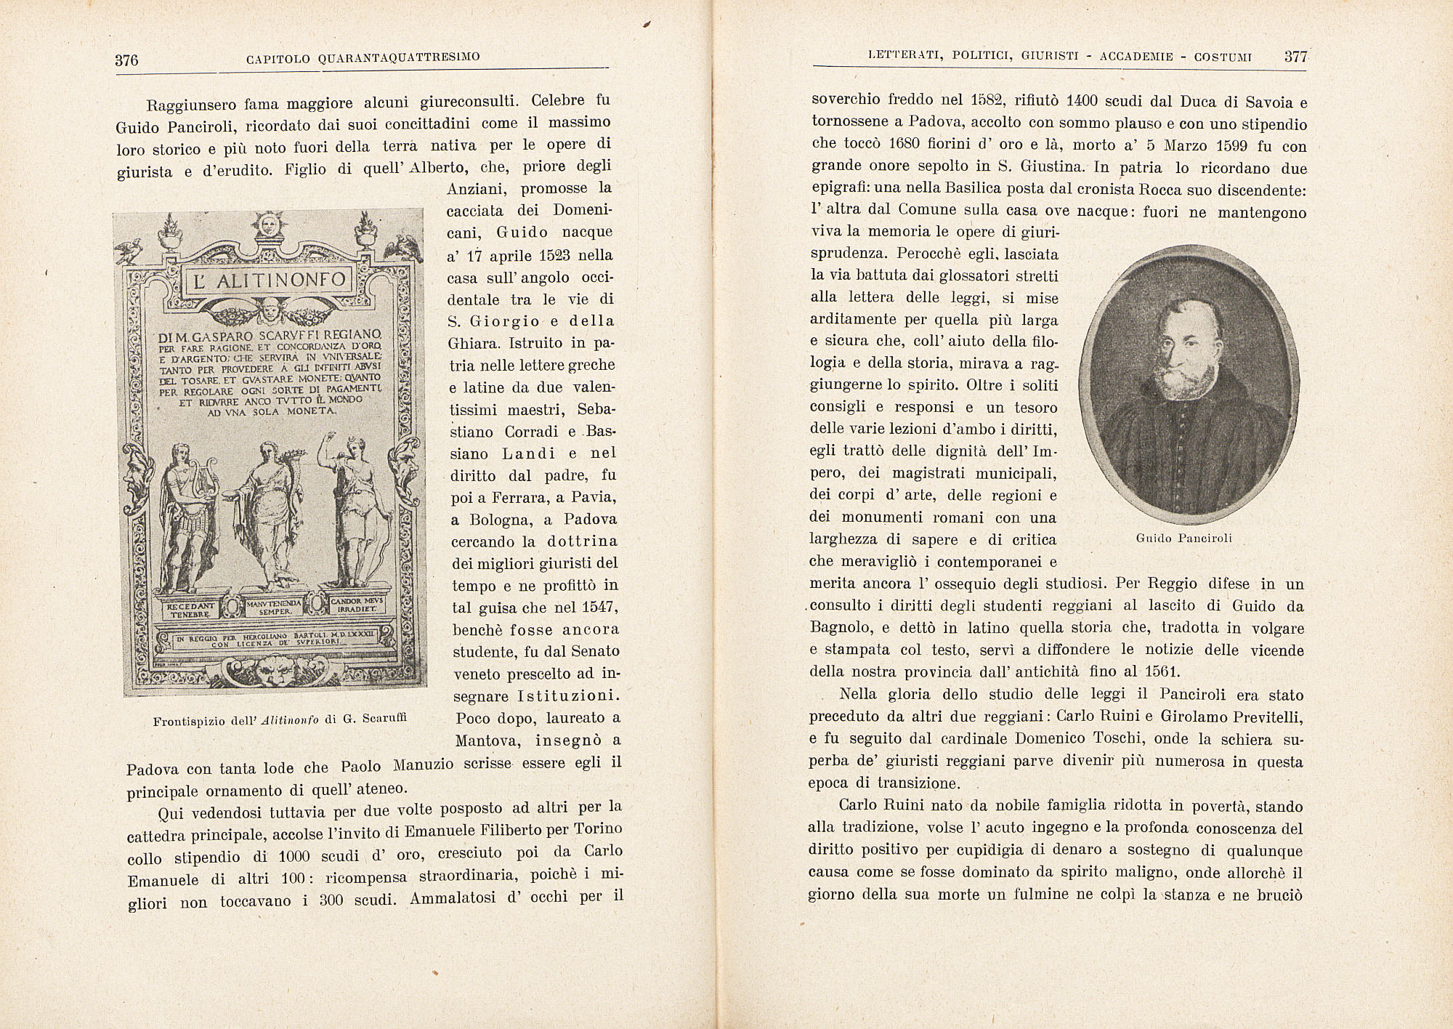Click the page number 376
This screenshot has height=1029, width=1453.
pyautogui.click(x=126, y=60)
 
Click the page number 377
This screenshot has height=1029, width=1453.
pyautogui.click(x=1296, y=57)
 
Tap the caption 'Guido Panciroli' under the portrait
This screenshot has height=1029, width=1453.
pyautogui.click(x=1183, y=538)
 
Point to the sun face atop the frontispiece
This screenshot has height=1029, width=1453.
pyautogui.click(x=263, y=225)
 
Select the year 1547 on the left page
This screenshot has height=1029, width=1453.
pyautogui.click(x=600, y=607)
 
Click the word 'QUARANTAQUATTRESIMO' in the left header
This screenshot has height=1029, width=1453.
pyautogui.click(x=398, y=57)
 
